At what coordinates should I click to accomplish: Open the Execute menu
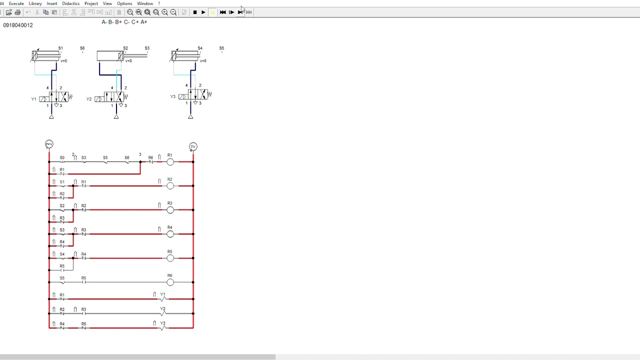tap(16, 3)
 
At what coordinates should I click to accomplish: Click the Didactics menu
tap(70, 3)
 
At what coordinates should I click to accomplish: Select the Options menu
tap(124, 3)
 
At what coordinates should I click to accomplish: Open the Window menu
tap(145, 3)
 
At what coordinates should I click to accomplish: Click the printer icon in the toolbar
tap(17, 12)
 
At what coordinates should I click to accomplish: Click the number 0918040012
tap(18, 25)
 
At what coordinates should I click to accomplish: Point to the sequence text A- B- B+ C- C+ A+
tap(124, 22)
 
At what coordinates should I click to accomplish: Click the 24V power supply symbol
tap(49, 144)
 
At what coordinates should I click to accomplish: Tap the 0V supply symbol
tap(193, 146)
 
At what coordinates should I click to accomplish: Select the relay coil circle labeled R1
tap(170, 162)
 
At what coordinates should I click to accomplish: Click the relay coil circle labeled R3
tap(170, 210)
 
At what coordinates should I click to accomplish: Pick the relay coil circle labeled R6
tap(170, 282)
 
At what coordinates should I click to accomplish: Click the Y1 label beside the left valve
tap(34, 99)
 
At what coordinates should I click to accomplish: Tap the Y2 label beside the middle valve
tap(89, 99)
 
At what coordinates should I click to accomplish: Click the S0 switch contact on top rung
tap(62, 161)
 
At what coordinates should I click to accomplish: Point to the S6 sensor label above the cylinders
tap(82, 48)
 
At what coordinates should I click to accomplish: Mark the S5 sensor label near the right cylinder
tap(221, 48)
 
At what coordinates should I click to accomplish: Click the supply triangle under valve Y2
tap(116, 117)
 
